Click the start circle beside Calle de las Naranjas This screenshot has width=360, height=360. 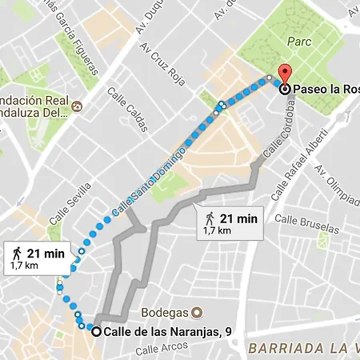click(x=96, y=332)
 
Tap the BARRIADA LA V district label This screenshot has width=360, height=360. click(x=302, y=348)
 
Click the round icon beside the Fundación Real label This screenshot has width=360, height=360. click(x=77, y=106)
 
